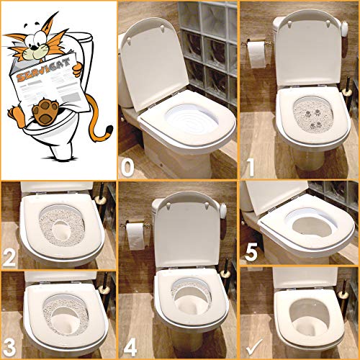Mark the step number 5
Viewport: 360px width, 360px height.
(251, 254)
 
